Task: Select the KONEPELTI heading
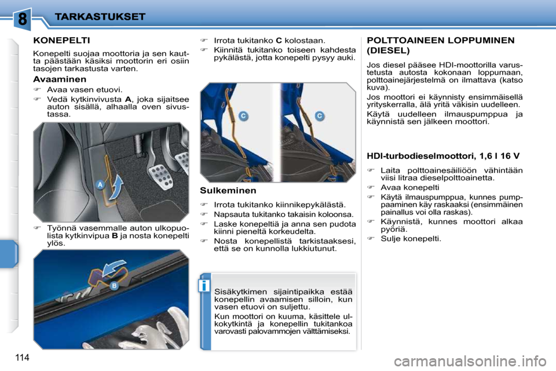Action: (61, 41)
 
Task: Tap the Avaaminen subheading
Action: (60, 79)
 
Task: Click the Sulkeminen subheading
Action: (228, 190)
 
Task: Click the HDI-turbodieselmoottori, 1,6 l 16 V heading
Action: (443, 155)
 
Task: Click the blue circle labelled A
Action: (100, 185)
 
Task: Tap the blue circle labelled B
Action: (114, 286)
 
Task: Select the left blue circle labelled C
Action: (243, 117)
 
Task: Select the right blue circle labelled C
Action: (319, 116)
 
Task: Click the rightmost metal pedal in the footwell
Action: (182, 160)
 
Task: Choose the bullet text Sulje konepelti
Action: (411, 238)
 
